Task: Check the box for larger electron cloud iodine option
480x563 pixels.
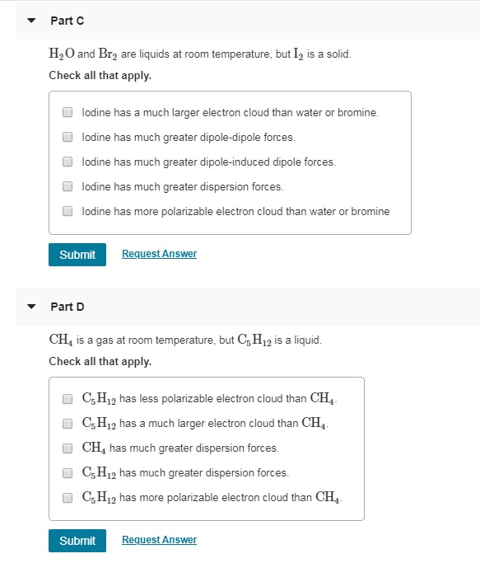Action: tap(68, 112)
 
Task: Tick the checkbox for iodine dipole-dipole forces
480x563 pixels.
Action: tap(68, 137)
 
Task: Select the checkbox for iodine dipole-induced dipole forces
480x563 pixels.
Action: tap(68, 162)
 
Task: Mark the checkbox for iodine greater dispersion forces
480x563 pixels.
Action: tap(68, 186)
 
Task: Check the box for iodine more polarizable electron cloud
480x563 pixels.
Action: tap(68, 211)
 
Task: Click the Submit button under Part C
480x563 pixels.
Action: tap(77, 255)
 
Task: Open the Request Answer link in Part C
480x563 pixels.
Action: tap(159, 254)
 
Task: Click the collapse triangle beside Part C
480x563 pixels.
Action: tap(31, 21)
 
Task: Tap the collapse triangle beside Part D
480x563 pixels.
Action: tap(31, 307)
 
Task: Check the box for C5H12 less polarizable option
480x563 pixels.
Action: tap(68, 399)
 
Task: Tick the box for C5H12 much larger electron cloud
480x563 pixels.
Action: tap(68, 424)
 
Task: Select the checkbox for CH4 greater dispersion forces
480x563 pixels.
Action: tap(68, 448)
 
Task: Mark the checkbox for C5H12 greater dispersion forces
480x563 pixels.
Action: tap(68, 473)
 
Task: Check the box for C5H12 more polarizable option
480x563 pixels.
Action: tap(68, 498)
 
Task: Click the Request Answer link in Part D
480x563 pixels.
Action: tap(159, 540)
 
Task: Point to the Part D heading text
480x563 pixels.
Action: tap(68, 307)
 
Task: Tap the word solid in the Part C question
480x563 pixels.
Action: tap(338, 54)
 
